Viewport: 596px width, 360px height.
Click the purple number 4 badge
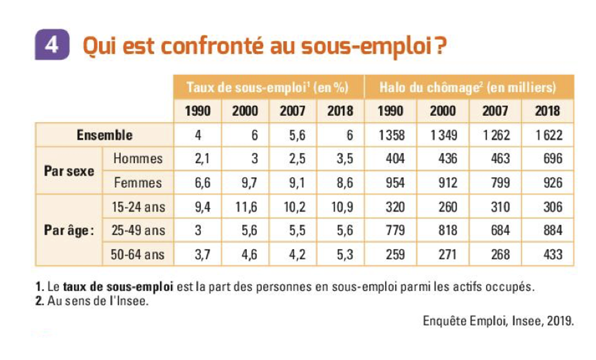pyautogui.click(x=52, y=45)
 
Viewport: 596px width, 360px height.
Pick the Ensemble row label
pyautogui.click(x=105, y=135)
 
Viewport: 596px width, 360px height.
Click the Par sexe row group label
pyautogui.click(x=69, y=170)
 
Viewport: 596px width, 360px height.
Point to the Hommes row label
pyautogui.click(x=138, y=159)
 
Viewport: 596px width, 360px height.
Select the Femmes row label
pyautogui.click(x=138, y=183)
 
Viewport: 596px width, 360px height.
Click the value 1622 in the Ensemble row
pyautogui.click(x=549, y=135)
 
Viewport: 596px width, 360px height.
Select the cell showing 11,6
pyautogui.click(x=245, y=207)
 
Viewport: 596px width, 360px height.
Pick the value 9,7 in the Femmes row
pyautogui.click(x=246, y=183)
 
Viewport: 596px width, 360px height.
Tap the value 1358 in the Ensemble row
pyautogui.click(x=391, y=135)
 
